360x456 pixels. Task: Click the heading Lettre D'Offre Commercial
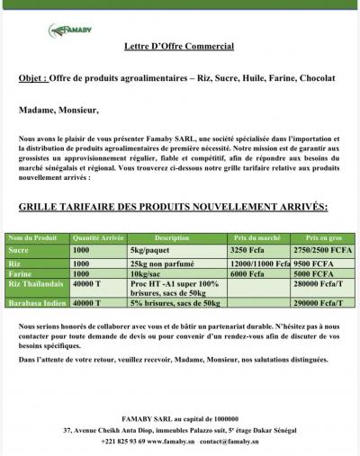click(x=179, y=46)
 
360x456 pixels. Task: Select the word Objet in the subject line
click(x=31, y=78)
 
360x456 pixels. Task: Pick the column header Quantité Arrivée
click(x=98, y=237)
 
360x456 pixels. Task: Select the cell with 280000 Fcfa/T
click(x=319, y=283)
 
